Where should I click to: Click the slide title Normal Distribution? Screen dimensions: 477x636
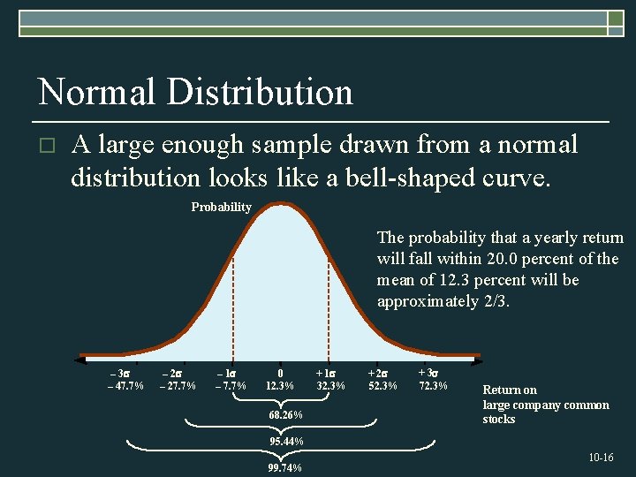point(195,92)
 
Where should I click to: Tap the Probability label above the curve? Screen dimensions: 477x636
point(221,207)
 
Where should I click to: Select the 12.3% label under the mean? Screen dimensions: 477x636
point(280,386)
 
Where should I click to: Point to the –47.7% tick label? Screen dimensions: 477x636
point(125,386)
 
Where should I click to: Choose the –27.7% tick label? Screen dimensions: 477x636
point(178,386)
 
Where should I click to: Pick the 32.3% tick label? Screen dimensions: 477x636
point(331,386)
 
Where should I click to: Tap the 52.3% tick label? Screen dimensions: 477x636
point(382,386)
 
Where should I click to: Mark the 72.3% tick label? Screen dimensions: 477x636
point(433,386)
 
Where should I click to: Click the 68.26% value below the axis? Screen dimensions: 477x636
point(285,415)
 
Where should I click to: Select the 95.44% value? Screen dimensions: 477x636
point(285,442)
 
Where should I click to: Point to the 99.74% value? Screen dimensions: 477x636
point(284,468)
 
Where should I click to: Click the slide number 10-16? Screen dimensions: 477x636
point(601,458)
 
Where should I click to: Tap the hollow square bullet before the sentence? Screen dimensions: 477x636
point(48,145)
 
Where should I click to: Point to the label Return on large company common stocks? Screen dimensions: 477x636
point(545,405)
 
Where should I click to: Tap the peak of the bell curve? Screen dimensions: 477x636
point(281,206)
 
